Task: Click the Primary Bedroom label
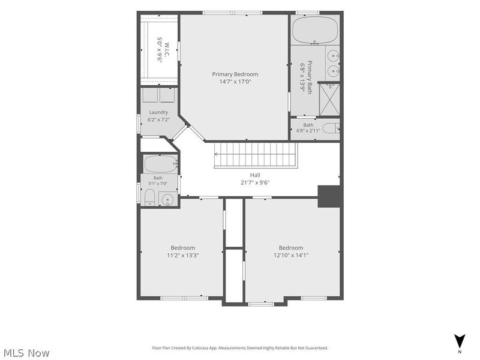tap(235, 74)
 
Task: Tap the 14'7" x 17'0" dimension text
tap(235, 82)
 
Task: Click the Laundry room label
tap(158, 112)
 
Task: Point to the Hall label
tap(255, 175)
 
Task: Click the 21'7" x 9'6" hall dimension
tap(255, 183)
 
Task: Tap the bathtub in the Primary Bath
tap(315, 30)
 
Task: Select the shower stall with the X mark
tap(329, 100)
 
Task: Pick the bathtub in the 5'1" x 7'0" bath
tap(161, 164)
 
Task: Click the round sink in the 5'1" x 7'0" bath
tap(167, 199)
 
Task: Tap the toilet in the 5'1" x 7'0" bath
tap(149, 197)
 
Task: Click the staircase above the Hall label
tap(256, 155)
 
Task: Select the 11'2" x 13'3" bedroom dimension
tap(183, 256)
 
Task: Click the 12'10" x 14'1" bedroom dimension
tap(291, 256)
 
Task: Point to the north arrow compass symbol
tap(460, 341)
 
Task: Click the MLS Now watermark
tap(26, 353)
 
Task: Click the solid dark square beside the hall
tap(330, 196)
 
